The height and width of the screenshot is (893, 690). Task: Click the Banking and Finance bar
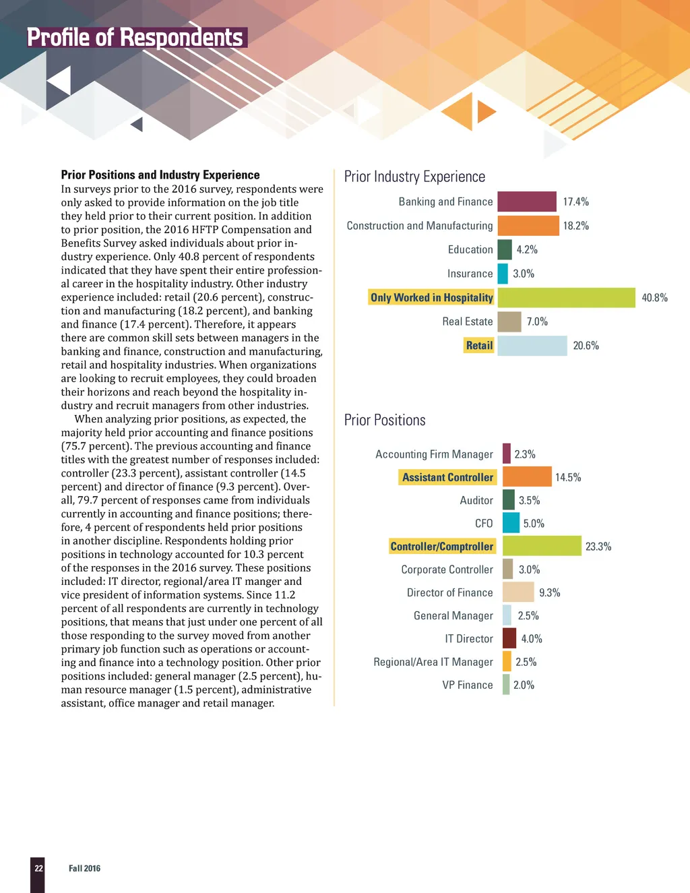tap(527, 202)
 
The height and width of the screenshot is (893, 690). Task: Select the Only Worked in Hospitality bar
tap(566, 297)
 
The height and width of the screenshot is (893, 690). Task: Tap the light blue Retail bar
tap(532, 346)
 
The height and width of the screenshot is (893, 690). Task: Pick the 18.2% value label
tap(576, 226)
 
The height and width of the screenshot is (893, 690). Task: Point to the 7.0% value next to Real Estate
tap(537, 321)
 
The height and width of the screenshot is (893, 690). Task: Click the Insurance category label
tap(470, 274)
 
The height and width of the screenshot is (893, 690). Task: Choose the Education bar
tap(505, 249)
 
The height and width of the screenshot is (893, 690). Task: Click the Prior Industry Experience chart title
tap(414, 177)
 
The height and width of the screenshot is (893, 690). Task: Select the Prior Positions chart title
tap(385, 420)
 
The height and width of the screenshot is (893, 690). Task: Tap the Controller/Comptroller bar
tap(542, 546)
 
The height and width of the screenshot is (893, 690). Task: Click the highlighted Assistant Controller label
tap(447, 477)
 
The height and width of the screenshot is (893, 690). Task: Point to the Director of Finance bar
tap(518, 592)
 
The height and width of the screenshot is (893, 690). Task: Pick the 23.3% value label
tap(598, 547)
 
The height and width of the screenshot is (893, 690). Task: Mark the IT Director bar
tap(509, 638)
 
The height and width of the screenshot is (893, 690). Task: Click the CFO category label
tap(484, 524)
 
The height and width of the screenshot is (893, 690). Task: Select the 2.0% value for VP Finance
tap(524, 685)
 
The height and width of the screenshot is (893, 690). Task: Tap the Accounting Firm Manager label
tap(434, 454)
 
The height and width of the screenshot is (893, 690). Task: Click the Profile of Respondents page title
tap(135, 38)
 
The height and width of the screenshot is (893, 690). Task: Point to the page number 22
tap(38, 868)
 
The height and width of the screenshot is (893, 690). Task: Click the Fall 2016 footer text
tap(84, 868)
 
